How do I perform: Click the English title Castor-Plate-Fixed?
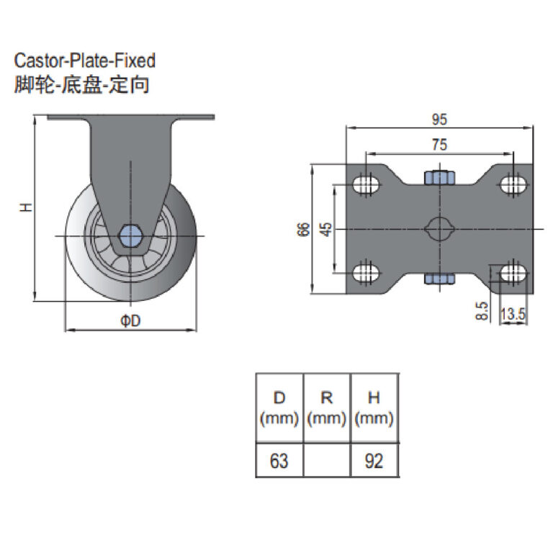coord(84,60)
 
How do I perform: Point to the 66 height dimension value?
coord(303,230)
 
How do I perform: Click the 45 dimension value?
coord(325,230)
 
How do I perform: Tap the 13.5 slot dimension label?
coord(513,314)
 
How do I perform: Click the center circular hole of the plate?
coord(439,229)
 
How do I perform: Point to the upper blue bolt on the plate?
coord(439,176)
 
